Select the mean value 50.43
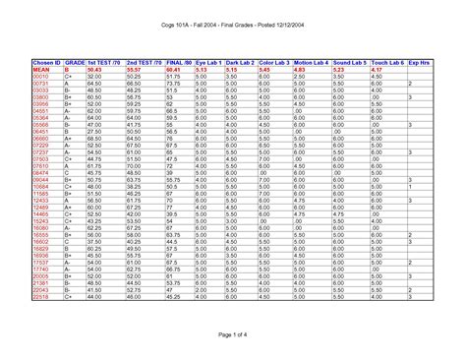tap(95, 70)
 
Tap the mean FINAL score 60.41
tap(173, 70)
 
